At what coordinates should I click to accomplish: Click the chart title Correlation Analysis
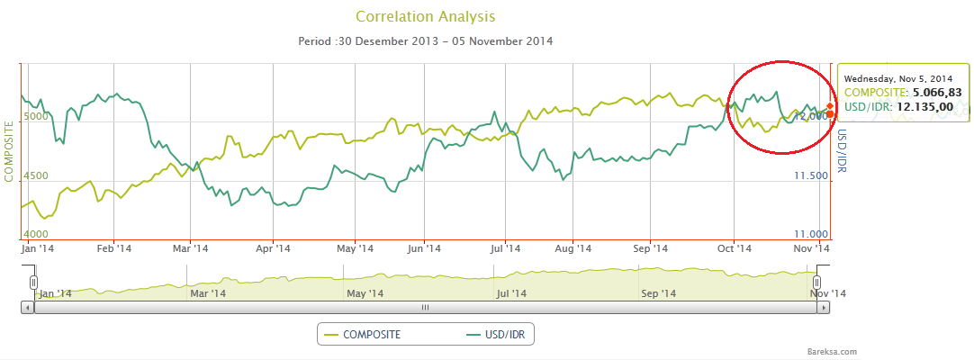(426, 17)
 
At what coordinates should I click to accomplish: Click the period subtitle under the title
(425, 41)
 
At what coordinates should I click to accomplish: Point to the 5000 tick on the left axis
(34, 116)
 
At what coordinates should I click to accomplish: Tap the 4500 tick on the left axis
(34, 175)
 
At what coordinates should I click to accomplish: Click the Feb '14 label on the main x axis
(113, 247)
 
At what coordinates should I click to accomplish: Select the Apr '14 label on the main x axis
(274, 247)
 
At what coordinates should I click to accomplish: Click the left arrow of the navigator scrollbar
(27, 307)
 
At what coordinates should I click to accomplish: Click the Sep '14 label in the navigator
(658, 293)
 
